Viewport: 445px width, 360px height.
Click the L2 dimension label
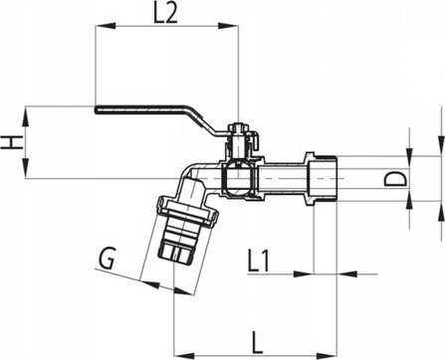click(x=165, y=13)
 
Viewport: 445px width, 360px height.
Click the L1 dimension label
click(x=259, y=262)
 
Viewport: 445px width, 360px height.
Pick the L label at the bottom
click(x=257, y=343)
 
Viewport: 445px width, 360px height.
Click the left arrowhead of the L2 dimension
click(x=106, y=26)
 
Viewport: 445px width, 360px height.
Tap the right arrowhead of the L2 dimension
click(x=228, y=26)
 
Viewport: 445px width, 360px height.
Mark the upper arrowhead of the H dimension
click(x=26, y=116)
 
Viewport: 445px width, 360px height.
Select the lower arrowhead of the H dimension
click(x=26, y=168)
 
